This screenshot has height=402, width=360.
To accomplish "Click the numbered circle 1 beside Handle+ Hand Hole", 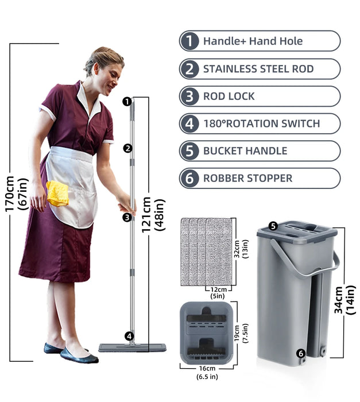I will (x=189, y=41).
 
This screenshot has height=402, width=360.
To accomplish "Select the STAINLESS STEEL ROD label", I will (x=258, y=69).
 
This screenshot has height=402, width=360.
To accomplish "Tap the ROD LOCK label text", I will (x=229, y=96).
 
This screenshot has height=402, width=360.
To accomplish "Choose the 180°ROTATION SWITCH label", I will (x=261, y=123).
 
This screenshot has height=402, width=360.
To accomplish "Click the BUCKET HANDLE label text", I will (x=245, y=151).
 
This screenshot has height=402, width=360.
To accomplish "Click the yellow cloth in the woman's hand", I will (x=57, y=193).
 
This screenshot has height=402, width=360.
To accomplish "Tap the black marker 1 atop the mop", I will (x=127, y=102).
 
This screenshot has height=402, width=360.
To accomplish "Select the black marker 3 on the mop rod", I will (x=127, y=217).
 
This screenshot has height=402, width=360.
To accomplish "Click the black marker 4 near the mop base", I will (x=130, y=336).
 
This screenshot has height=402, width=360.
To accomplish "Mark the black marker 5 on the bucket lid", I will (x=273, y=226).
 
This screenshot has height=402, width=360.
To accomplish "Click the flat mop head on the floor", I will (x=132, y=347).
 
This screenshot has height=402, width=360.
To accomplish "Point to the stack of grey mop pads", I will (x=206, y=251).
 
